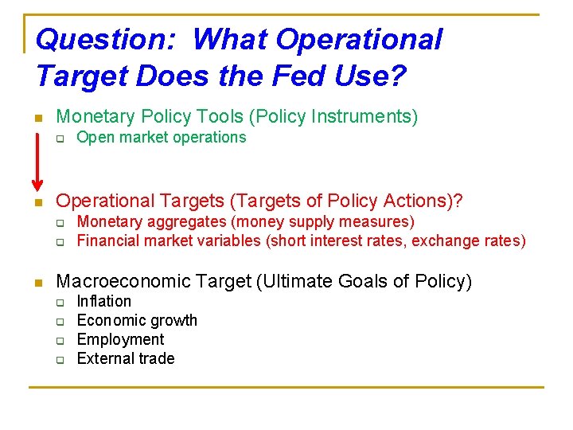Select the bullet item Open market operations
point(161,137)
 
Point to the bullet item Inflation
point(103,301)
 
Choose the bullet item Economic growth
point(136,320)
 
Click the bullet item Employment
point(119,339)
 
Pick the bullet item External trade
point(125,358)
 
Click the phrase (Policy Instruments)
point(333,117)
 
